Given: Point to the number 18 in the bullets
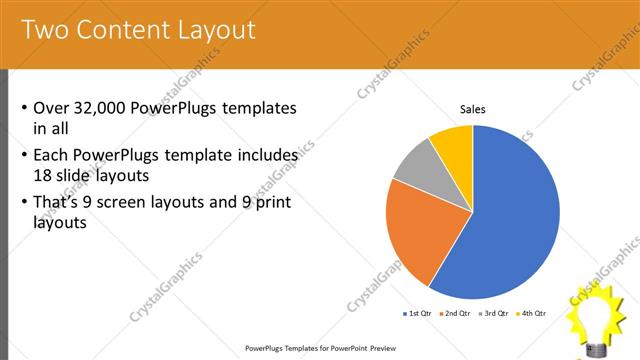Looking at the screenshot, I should (x=42, y=176).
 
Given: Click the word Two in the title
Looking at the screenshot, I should (x=44, y=30).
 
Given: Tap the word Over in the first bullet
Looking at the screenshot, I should (x=51, y=108).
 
